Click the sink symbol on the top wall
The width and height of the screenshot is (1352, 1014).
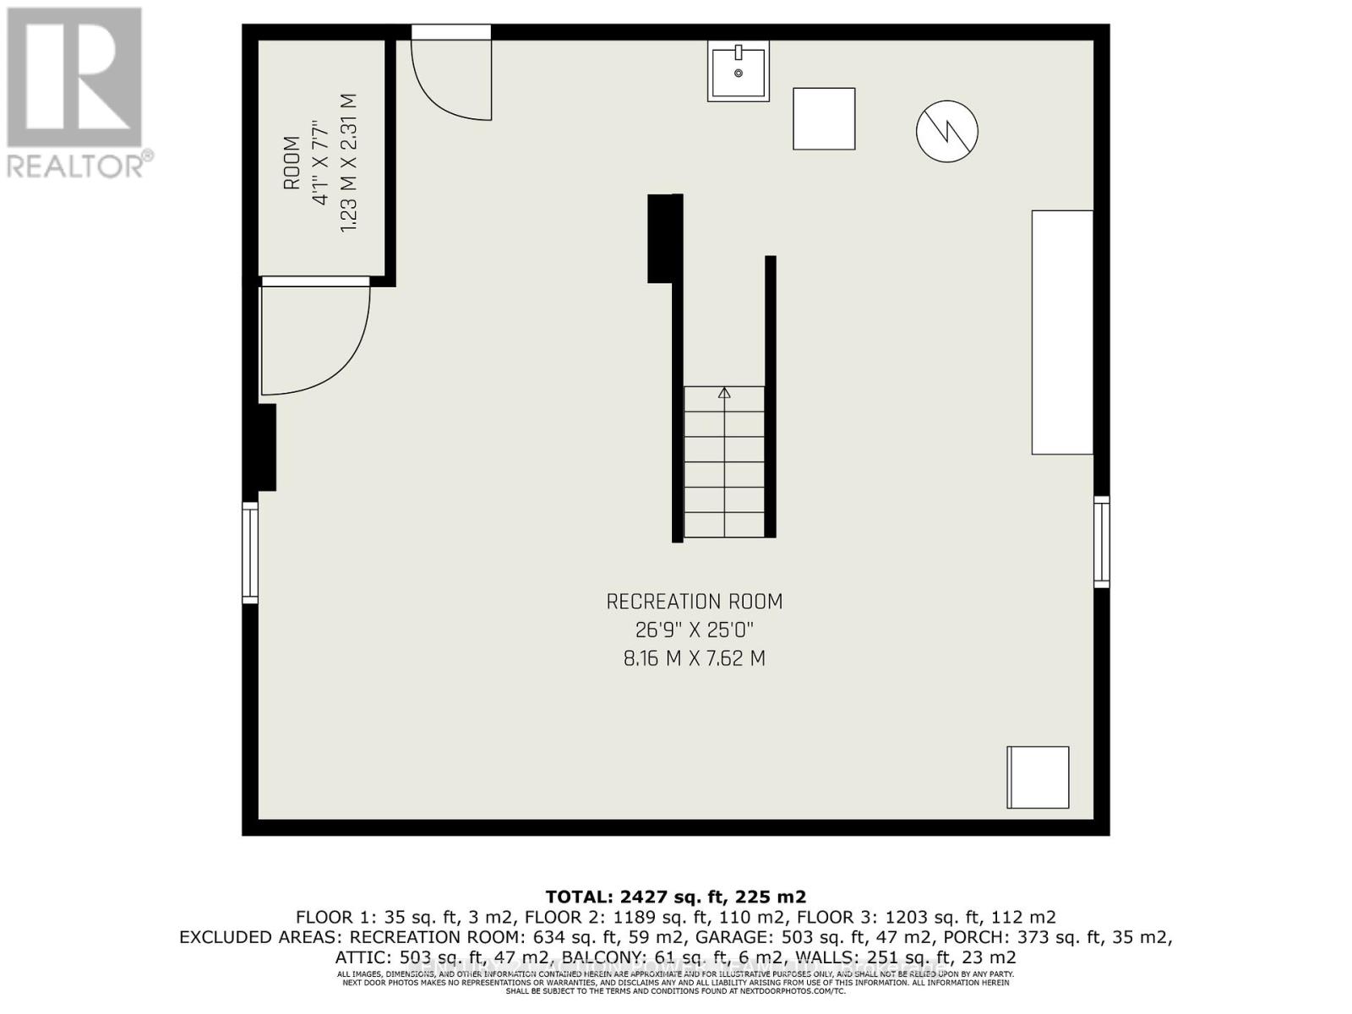[x=739, y=73]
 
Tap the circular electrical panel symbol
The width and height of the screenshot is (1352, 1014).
[x=946, y=131]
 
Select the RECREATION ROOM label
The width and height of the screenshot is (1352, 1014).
[x=694, y=602]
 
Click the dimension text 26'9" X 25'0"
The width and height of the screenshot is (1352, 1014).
[x=694, y=630]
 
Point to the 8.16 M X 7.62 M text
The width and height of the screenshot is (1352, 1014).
[x=694, y=658]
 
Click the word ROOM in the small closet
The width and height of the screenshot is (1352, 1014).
[x=292, y=163]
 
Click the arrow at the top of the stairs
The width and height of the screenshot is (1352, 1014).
[x=724, y=393]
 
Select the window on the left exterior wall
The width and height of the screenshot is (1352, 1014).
[x=250, y=552]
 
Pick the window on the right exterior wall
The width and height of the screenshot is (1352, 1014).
[x=1101, y=542]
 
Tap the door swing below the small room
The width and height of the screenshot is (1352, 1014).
[x=314, y=338]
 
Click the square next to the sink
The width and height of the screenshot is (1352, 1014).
[x=824, y=119]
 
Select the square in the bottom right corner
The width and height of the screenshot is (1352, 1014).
[x=1038, y=777]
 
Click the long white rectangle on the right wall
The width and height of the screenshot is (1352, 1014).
[x=1062, y=332]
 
